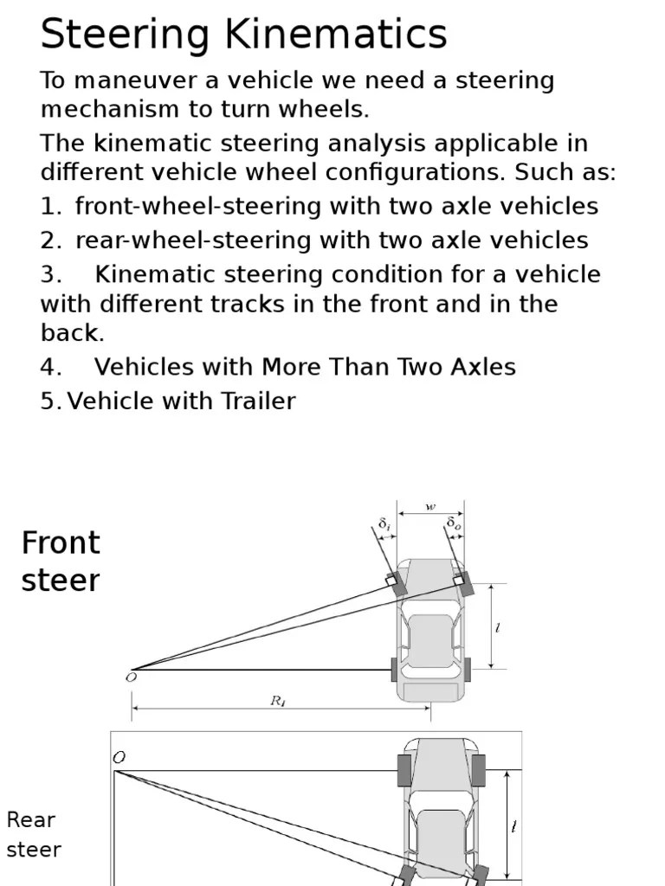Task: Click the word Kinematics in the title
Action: click(x=337, y=35)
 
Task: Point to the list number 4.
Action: click(x=50, y=367)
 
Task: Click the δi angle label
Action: click(x=384, y=524)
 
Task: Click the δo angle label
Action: click(x=454, y=524)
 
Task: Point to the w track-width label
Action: click(x=430, y=507)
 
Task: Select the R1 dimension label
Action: click(x=278, y=702)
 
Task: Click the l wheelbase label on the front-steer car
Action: click(x=498, y=629)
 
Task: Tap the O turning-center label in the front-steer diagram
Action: click(x=131, y=678)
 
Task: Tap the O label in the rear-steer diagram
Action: click(x=119, y=757)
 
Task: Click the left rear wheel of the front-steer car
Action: click(x=395, y=669)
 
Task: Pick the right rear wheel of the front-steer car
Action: click(x=468, y=669)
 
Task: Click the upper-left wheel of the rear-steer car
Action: click(x=404, y=770)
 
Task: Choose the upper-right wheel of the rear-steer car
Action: click(x=478, y=770)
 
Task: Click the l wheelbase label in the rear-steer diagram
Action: click(x=514, y=827)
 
